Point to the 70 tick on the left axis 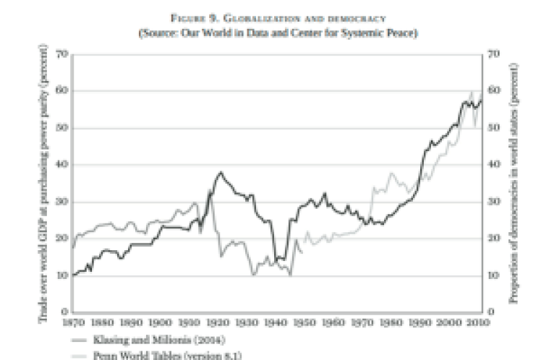[x=64, y=54]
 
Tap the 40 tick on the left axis [x=64, y=165]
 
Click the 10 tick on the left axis [x=64, y=275]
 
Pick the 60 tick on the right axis [x=495, y=91]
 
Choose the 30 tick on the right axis [x=495, y=202]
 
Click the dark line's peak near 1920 [x=220, y=172]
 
